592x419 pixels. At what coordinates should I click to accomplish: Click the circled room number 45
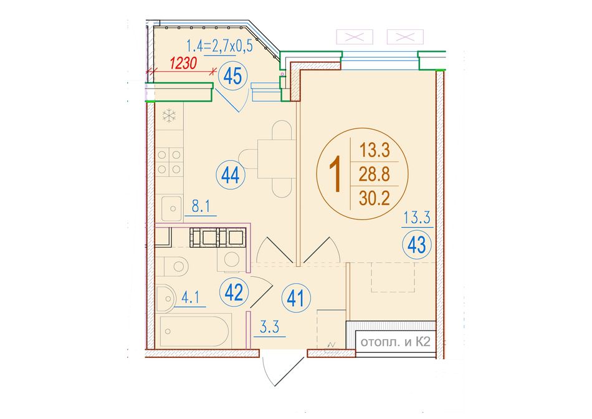point(232,77)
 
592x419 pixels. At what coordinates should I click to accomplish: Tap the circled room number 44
point(231,175)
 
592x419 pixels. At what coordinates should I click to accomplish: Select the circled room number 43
point(417,245)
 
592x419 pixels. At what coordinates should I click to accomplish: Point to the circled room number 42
point(234,292)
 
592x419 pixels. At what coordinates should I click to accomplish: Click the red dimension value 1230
point(183,64)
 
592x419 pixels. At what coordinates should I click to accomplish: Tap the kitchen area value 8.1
point(201,208)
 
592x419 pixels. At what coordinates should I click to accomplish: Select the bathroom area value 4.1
point(190,298)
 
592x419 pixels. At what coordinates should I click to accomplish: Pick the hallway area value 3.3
point(270,327)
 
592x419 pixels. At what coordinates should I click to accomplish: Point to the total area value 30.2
point(374,198)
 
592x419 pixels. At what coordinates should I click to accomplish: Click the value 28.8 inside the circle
point(374,174)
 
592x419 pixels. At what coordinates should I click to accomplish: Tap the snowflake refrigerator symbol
point(169,115)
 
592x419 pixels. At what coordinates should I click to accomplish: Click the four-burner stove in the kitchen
point(169,162)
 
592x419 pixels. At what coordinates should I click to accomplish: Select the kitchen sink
point(172,208)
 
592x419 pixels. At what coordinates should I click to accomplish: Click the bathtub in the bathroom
point(194,331)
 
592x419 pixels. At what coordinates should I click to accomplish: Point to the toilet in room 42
point(172,266)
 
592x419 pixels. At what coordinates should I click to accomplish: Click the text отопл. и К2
point(395,342)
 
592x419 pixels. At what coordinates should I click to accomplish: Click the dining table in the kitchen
point(276,158)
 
